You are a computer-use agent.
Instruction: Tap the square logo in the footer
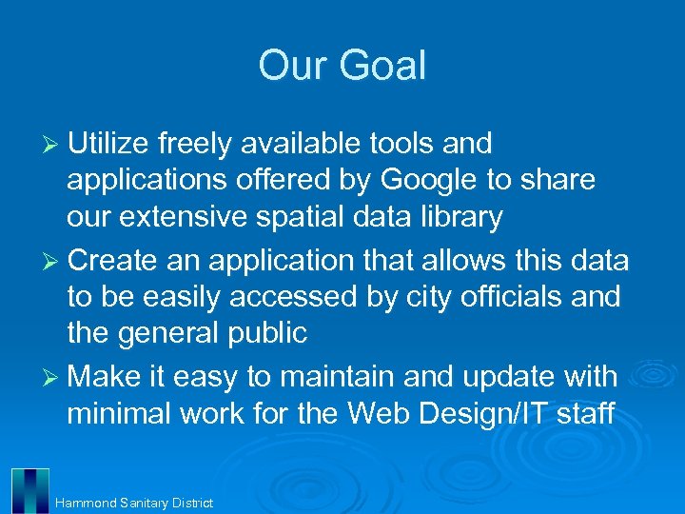[x=29, y=490]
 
